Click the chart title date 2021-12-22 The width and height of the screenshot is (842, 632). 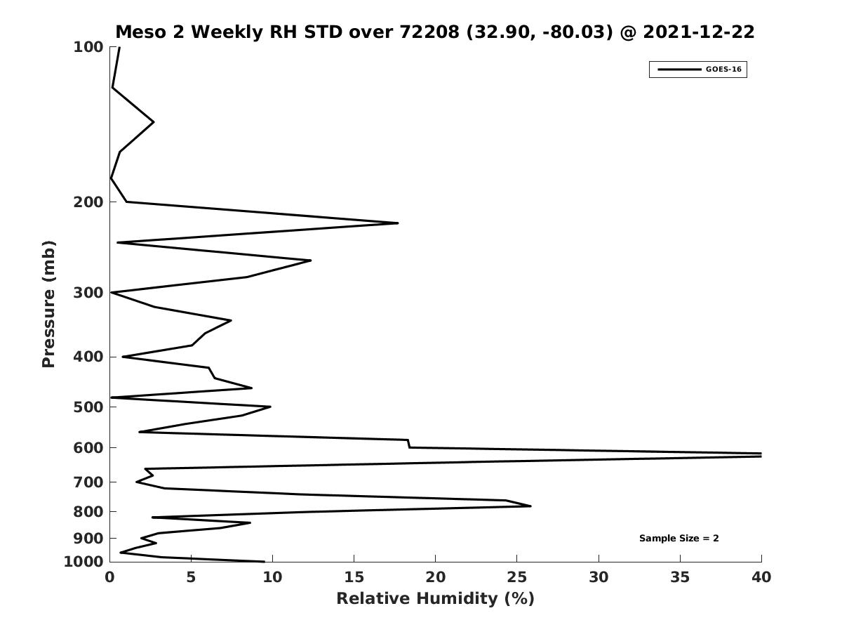[699, 32]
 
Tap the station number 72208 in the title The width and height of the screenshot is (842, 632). [429, 32]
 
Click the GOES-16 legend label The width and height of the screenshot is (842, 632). [723, 70]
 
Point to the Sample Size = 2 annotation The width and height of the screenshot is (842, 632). [679, 539]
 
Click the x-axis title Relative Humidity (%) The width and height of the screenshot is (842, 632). [436, 598]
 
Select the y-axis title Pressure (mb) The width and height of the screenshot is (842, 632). [48, 304]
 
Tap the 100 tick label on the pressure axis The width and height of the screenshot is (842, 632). [88, 47]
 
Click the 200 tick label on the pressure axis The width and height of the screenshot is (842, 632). [88, 202]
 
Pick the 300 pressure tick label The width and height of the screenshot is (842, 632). [88, 293]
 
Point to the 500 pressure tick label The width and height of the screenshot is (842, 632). [88, 407]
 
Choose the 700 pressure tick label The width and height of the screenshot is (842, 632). [88, 482]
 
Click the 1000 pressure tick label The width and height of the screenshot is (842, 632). [83, 562]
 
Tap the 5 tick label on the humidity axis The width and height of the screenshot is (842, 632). [191, 577]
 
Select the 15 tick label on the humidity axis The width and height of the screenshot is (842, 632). [354, 577]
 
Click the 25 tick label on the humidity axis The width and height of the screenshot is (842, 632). [516, 577]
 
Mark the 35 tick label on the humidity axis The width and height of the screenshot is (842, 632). [680, 577]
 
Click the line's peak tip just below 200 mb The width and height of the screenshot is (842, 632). [398, 223]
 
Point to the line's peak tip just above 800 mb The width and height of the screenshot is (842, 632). [530, 506]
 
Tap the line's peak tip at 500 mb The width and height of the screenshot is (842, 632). [270, 407]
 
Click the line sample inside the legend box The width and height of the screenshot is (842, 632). [679, 70]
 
